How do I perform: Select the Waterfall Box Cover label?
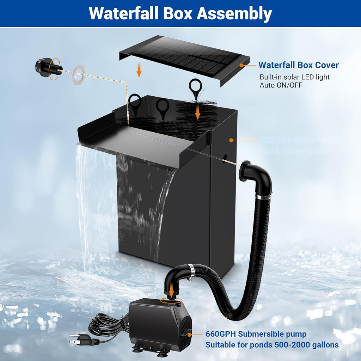[x=298, y=65]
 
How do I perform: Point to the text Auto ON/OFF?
[x=281, y=85]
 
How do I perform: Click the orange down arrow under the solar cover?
[x=139, y=72]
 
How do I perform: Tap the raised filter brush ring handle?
[x=195, y=86]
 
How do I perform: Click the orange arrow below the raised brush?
[x=198, y=112]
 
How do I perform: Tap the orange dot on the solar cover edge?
[x=242, y=65]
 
